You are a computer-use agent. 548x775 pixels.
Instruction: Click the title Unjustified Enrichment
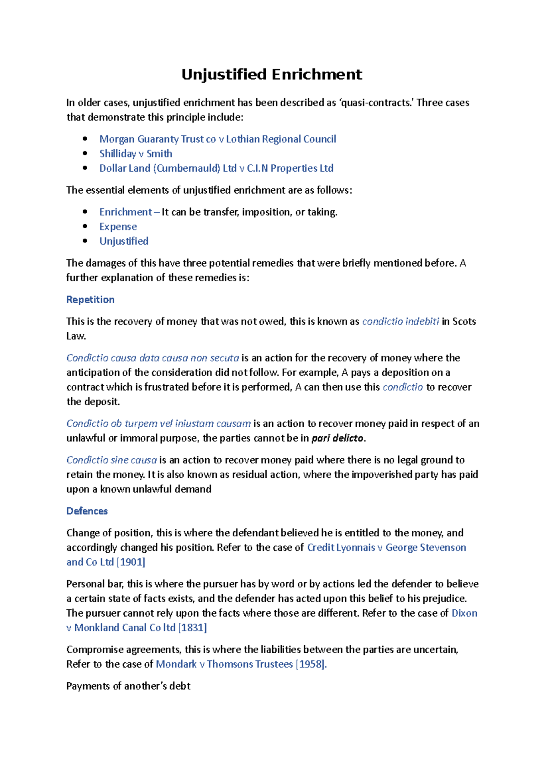click(272, 74)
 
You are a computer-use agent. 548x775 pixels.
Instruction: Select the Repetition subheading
click(90, 299)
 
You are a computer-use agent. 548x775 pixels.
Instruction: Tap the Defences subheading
click(87, 511)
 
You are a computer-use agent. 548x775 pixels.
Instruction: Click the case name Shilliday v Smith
click(136, 153)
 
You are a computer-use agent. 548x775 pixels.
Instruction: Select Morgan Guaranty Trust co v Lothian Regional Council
click(217, 139)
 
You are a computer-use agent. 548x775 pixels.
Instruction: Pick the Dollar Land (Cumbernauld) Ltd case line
click(216, 168)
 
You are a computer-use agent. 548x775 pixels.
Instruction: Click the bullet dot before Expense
click(85, 226)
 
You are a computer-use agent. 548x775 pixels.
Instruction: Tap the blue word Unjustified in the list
click(124, 241)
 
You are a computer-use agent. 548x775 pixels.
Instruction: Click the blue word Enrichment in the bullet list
click(125, 212)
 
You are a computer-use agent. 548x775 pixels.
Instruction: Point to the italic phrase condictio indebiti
click(400, 321)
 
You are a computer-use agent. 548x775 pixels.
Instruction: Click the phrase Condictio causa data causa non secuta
click(153, 358)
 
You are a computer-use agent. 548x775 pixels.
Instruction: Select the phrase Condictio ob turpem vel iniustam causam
click(158, 424)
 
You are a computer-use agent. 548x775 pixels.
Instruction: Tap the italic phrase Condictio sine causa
click(111, 460)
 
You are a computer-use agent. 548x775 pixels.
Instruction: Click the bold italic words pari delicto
click(337, 438)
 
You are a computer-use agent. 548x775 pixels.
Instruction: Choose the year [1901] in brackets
click(131, 562)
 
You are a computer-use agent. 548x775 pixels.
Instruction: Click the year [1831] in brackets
click(192, 628)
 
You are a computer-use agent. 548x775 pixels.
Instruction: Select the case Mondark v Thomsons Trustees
click(224, 664)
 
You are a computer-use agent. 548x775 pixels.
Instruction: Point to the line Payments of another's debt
click(128, 686)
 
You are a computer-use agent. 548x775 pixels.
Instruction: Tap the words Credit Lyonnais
click(341, 547)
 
